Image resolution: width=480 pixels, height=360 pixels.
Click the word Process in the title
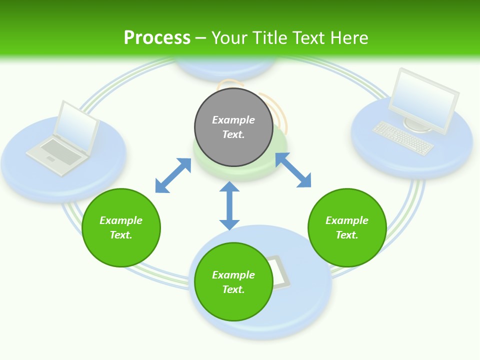click(157, 38)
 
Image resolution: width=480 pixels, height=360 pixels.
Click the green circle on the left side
click(121, 227)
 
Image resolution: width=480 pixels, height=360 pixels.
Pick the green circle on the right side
click(347, 227)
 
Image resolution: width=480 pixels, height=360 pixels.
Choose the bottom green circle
click(233, 282)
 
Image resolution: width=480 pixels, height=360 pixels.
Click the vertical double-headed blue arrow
click(229, 205)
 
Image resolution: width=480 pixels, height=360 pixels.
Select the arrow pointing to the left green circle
click(173, 175)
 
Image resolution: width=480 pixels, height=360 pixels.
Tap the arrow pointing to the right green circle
click(293, 170)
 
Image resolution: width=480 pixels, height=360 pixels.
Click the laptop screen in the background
click(75, 125)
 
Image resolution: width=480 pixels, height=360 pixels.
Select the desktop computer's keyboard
click(403, 138)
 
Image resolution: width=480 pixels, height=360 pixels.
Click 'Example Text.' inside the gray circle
click(233, 127)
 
